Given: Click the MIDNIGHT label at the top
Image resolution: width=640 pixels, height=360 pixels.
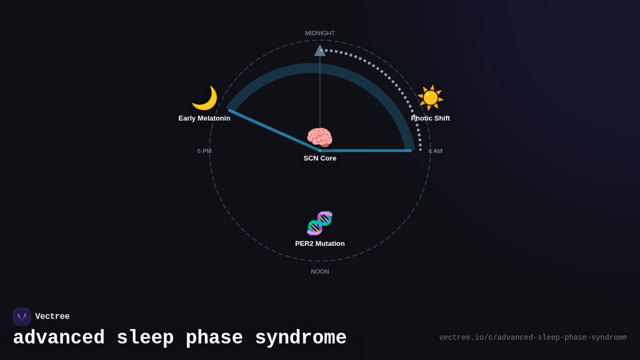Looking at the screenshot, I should point(320,33).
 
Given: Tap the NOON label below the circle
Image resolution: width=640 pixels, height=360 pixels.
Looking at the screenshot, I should point(320,271).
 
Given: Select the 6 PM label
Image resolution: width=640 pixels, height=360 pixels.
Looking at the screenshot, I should point(204,151).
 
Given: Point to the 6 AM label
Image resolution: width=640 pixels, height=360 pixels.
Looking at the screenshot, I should point(435,151).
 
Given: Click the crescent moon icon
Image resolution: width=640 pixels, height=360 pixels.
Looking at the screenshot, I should point(204,98).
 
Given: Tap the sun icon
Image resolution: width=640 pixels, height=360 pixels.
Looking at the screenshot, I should point(430,98).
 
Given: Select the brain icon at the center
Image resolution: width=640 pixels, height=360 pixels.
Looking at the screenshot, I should point(319,138).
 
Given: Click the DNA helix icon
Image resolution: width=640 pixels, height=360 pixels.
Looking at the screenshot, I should point(320,223).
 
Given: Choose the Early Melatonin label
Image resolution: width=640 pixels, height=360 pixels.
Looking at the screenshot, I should point(204,118).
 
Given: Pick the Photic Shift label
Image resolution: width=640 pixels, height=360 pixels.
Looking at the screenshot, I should point(430,118).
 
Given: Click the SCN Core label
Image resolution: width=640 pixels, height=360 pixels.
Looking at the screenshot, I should point(320,158).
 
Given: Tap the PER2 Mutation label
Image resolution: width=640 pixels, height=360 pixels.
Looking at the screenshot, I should point(320,244).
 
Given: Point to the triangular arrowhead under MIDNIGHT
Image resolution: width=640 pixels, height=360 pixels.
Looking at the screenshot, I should point(320,51).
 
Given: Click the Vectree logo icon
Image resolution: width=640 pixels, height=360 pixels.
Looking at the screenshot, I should point(22,317).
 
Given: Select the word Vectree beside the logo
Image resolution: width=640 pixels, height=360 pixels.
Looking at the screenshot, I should point(52,317).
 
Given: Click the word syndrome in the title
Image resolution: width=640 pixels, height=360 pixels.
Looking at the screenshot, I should point(301,338).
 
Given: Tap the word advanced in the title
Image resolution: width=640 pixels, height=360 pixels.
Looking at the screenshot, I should point(59,338).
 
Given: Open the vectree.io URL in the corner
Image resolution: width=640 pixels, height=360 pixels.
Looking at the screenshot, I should point(533,338).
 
